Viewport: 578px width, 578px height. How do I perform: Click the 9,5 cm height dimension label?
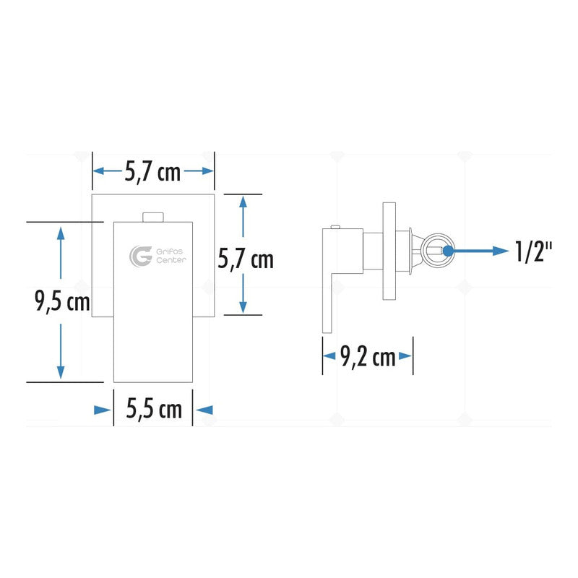coord(62,301)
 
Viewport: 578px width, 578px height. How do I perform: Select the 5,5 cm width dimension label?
coord(154,408)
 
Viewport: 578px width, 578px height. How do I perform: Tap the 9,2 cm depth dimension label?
coord(368,357)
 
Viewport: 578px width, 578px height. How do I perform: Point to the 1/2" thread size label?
coord(533,251)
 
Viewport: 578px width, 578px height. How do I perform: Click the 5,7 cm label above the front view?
coord(152,171)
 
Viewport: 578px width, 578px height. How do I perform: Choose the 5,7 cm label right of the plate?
coord(246,259)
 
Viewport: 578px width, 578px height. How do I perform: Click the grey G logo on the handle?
coord(140,256)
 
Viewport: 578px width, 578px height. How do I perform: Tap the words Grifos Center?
coord(171,256)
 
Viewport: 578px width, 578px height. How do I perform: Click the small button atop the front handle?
coord(153,217)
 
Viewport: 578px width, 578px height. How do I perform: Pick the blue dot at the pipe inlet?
coord(448,251)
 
